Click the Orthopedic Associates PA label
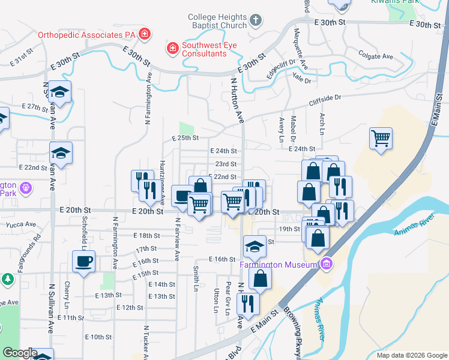87,35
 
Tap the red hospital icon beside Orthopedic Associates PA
144,34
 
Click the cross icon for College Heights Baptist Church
256,21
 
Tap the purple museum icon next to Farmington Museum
326,263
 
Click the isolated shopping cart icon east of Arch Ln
381,139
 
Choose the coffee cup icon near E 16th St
83,261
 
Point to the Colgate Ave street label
375,56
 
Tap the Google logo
19,353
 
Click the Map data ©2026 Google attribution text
411,355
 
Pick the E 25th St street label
185,138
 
